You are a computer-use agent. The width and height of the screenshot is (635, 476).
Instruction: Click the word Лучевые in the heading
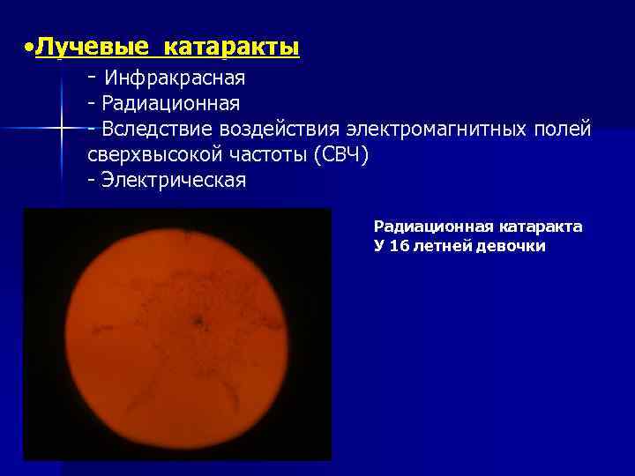pos(80,46)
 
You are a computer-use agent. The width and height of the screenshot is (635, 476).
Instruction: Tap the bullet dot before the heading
pos(29,45)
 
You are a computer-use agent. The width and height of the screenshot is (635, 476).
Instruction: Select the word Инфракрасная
pos(175,78)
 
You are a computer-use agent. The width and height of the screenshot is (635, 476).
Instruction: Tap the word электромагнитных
pos(437,130)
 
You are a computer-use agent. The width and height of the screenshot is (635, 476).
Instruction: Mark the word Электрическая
pos(174,181)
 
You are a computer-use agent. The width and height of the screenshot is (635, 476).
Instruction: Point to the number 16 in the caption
pos(400,246)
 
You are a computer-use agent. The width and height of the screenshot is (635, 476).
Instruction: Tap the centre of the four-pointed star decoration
pos(62,129)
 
